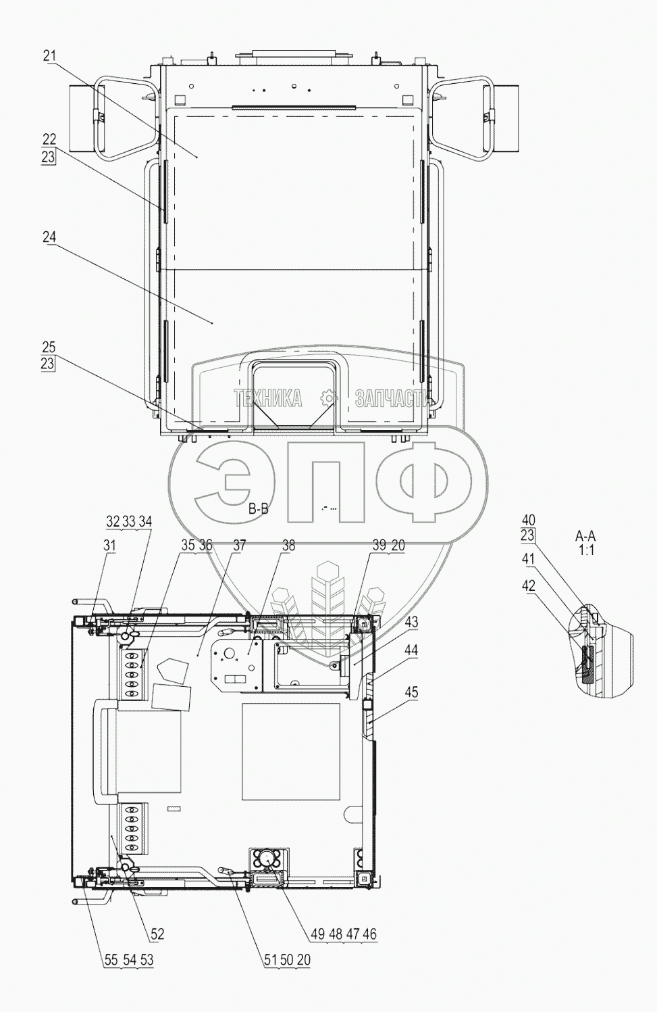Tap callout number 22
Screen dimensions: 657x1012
click(49, 140)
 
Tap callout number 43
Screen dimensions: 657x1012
click(411, 622)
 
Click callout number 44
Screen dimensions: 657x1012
click(411, 650)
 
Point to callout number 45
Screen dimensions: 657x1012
click(411, 692)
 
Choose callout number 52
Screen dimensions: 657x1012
click(157, 934)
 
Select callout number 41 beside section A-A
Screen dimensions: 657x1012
click(528, 560)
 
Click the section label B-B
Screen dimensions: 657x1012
click(258, 509)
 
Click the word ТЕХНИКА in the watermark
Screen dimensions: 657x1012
click(268, 400)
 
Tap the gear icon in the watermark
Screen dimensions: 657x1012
click(329, 398)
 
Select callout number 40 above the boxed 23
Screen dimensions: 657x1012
click(528, 520)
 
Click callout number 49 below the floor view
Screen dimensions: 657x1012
click(318, 934)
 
